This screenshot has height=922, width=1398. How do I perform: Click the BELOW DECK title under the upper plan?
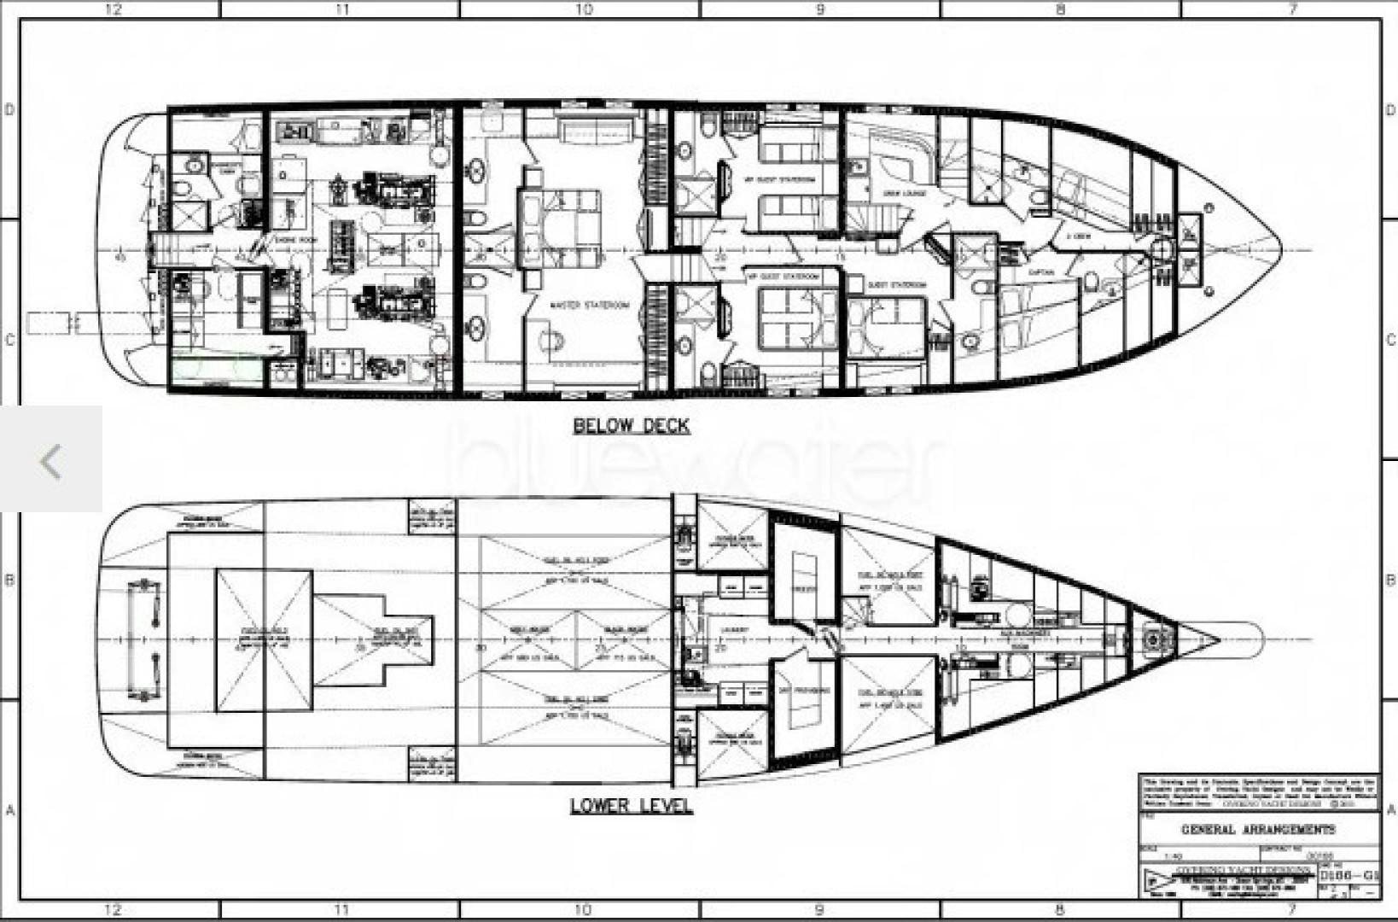coord(631,426)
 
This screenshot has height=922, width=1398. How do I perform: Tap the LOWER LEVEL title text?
coord(631,806)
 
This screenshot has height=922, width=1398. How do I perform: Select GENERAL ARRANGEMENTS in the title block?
coord(1257,829)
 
